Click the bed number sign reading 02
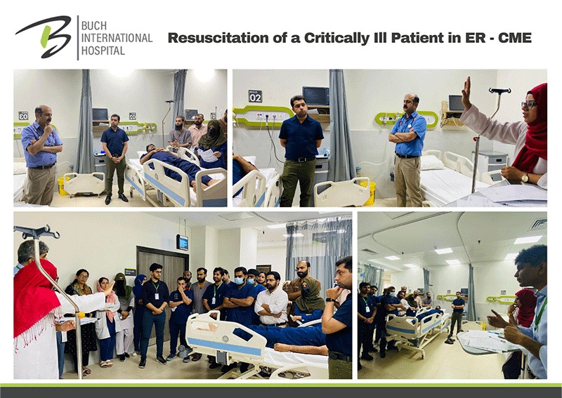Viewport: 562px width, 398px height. click(x=255, y=96)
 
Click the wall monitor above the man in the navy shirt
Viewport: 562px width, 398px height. click(x=315, y=96)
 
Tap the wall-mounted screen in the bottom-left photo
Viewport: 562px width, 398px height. click(x=183, y=242)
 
